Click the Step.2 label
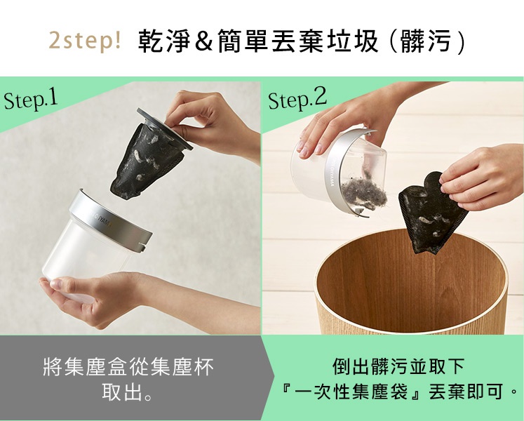(297, 100)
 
